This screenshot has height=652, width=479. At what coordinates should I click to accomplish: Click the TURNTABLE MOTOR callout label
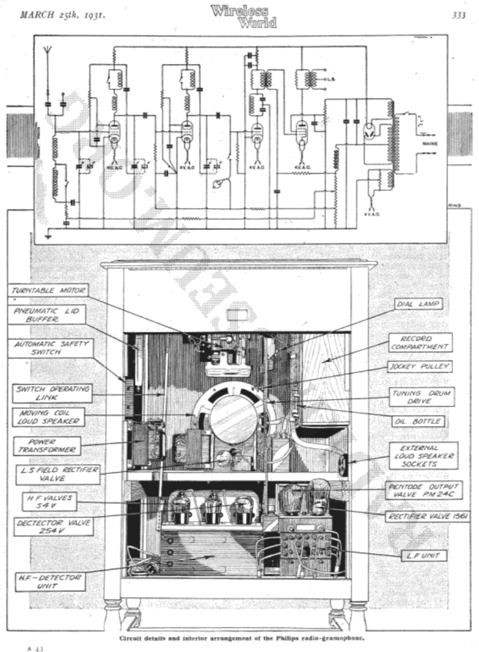(50, 290)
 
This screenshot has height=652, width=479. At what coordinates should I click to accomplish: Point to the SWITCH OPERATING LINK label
(52, 393)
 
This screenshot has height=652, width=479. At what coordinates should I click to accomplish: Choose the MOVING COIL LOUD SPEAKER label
(49, 418)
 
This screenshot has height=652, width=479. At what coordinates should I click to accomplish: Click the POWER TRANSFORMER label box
(45, 445)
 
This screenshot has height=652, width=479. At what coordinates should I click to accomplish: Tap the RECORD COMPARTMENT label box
(419, 342)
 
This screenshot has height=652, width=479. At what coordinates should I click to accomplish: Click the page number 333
(458, 16)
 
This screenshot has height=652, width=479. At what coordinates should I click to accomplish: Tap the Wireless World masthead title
(244, 16)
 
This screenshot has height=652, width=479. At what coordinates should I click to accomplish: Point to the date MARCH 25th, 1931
(63, 15)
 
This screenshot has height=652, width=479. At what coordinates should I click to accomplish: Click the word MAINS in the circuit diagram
(430, 144)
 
